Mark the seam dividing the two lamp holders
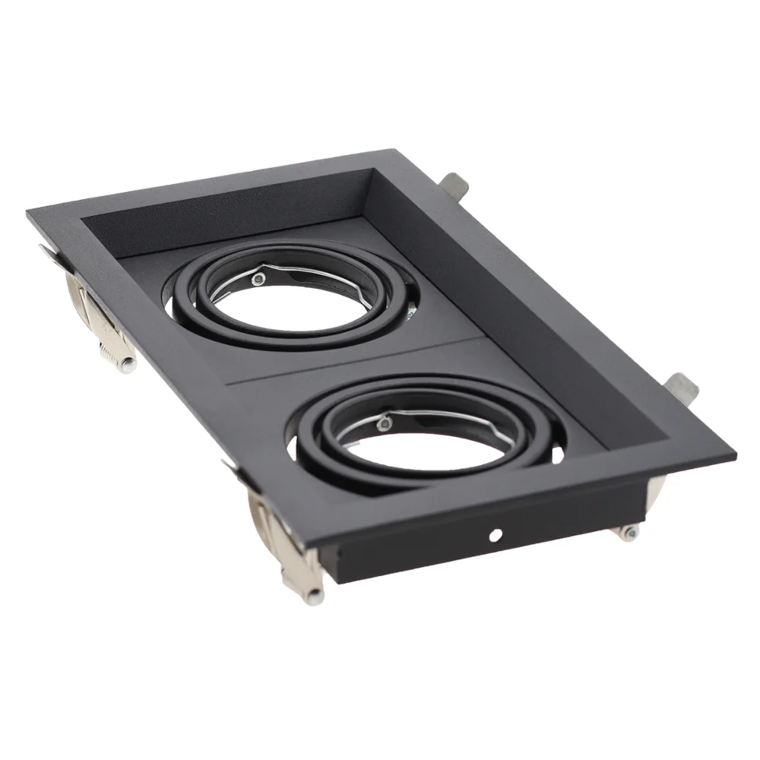pos(357,357)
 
